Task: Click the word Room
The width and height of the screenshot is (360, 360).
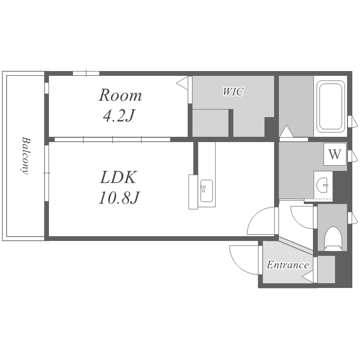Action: [120, 95]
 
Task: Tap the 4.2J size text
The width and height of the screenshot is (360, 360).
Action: [119, 116]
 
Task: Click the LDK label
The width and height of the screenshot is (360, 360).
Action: [119, 177]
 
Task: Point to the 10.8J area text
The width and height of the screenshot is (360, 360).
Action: [119, 198]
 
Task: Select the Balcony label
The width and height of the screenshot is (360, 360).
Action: [26, 156]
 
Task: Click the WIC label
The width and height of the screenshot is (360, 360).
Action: [233, 92]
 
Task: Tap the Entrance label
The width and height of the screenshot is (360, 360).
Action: [288, 264]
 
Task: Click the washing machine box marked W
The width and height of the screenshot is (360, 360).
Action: [335, 154]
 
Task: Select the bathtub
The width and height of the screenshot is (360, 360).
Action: [331, 107]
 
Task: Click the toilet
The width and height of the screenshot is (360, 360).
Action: [333, 239]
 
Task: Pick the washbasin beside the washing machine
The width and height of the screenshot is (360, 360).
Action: [323, 185]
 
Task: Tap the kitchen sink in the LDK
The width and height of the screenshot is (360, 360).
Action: [206, 191]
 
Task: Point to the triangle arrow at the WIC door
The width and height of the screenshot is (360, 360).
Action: [182, 83]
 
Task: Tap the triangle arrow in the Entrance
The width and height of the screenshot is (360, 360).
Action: [308, 276]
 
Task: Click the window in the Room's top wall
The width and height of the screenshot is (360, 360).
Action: [86, 73]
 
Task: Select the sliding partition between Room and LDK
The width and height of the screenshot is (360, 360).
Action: [112, 139]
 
